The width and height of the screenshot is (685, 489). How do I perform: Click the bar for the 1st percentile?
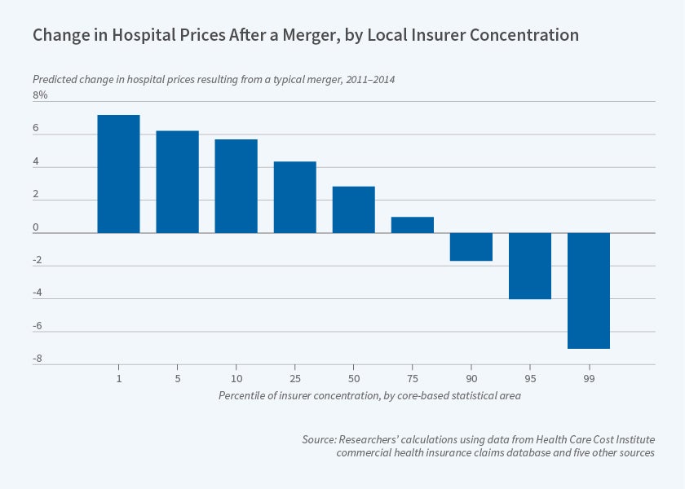point(118,174)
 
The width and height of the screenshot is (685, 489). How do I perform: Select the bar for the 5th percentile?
point(177,182)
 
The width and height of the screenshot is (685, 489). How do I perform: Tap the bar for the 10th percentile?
point(236,186)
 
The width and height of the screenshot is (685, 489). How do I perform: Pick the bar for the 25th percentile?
point(294,197)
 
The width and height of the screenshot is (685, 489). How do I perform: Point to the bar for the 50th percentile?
point(353,209)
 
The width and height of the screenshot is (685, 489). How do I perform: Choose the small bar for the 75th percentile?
point(412,225)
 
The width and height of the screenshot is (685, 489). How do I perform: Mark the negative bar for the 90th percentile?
point(471,247)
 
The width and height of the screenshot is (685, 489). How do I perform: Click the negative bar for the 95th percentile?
point(529,266)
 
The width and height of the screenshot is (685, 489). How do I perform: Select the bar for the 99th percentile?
point(588,290)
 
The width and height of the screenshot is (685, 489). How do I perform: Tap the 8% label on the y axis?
point(41,95)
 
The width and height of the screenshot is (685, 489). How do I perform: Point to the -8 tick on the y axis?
point(38,359)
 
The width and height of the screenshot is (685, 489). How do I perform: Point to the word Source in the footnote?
point(320,439)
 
